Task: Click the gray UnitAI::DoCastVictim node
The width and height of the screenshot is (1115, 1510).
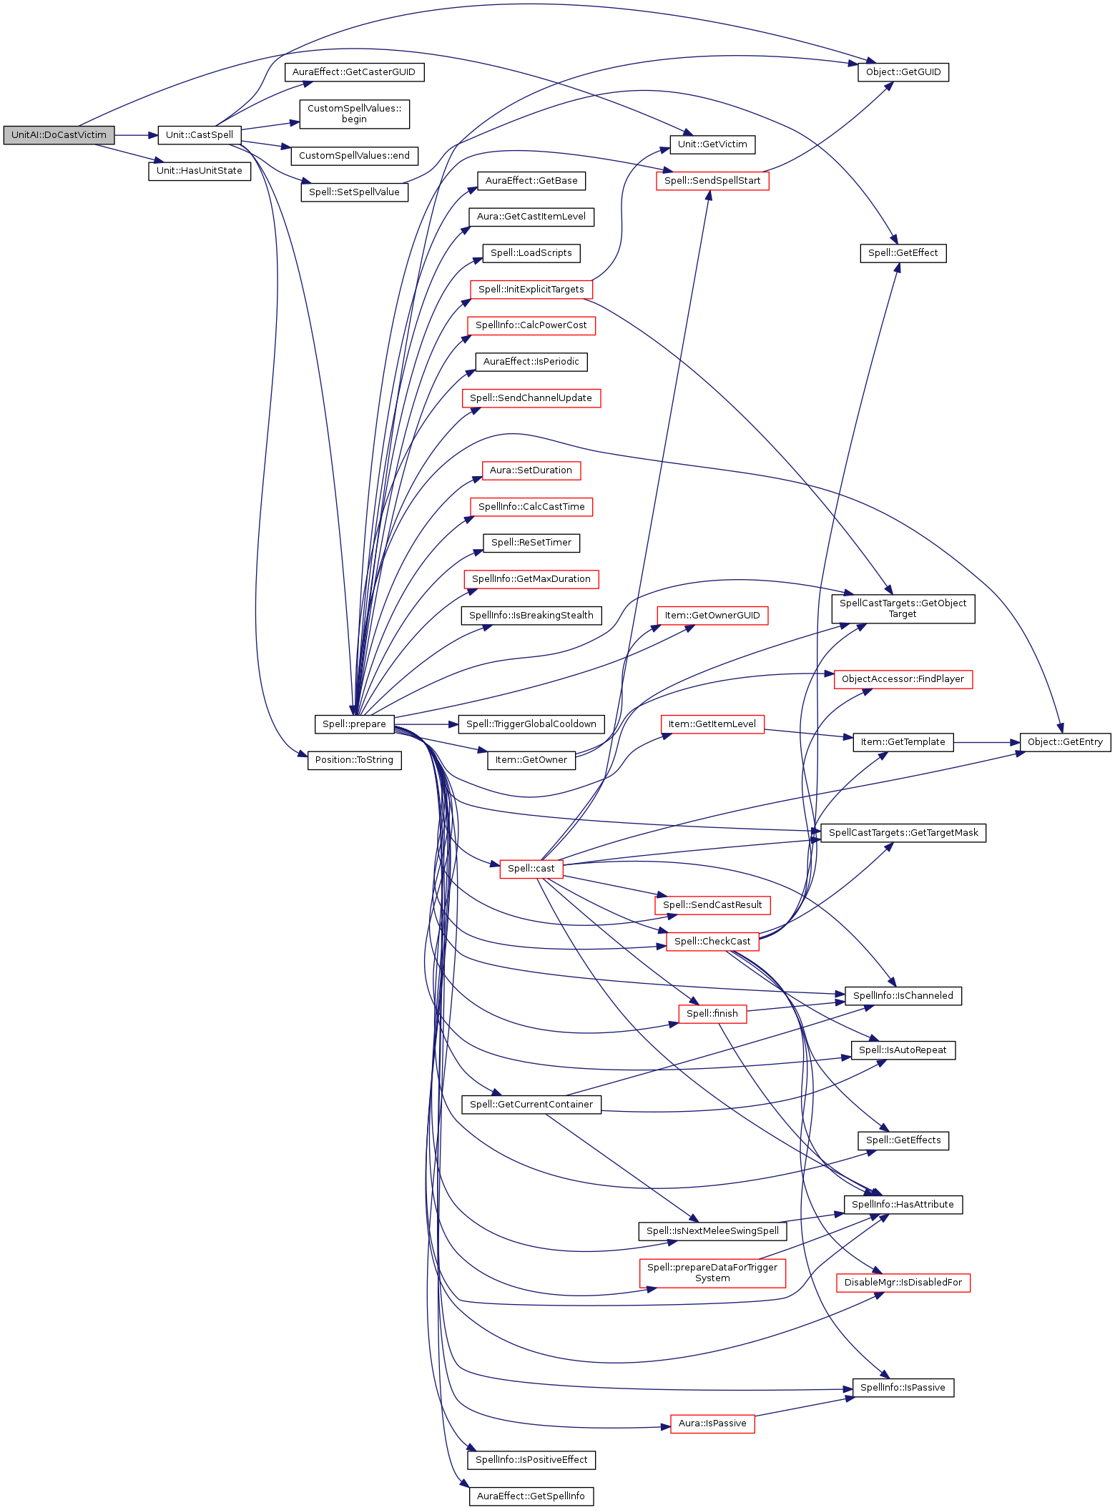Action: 59,135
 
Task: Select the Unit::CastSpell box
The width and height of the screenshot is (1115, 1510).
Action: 200,135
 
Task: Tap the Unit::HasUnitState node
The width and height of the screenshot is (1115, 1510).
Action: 200,172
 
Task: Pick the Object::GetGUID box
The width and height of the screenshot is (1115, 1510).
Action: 903,72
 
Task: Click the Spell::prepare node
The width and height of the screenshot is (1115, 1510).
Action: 354,724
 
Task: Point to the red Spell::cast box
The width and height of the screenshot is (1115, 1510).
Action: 531,869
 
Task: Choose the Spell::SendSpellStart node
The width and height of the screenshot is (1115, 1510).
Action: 712,181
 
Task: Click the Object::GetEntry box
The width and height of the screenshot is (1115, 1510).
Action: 1065,742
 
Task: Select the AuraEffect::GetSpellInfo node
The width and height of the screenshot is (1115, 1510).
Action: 531,1496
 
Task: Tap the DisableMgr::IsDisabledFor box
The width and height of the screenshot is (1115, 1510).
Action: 903,1283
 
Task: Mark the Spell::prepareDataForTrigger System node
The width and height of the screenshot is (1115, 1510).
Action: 712,1273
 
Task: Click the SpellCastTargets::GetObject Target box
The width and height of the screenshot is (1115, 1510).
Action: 903,608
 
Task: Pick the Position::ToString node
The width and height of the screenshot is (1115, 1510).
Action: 354,760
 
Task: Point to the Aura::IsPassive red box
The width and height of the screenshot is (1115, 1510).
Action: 712,1423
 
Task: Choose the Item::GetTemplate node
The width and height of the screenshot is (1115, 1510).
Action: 903,742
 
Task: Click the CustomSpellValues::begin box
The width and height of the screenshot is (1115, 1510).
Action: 354,114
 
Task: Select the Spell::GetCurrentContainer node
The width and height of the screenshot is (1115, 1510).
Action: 531,1105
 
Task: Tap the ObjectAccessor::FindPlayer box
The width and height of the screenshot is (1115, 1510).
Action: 903,679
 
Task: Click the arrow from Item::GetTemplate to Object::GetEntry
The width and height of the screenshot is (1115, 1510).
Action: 986,742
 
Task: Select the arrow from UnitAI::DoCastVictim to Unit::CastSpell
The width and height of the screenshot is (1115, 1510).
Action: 136,135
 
